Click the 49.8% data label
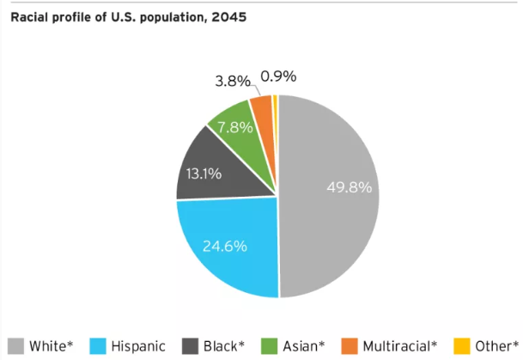pyautogui.click(x=350, y=187)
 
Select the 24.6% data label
pyautogui.click(x=225, y=246)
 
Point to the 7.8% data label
pyautogui.click(x=234, y=126)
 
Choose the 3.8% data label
pyautogui.click(x=232, y=82)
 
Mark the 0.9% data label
pyautogui.click(x=278, y=76)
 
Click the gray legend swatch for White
pyautogui.click(x=15, y=346)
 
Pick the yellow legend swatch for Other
pyautogui.click(x=461, y=346)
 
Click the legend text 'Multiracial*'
pyautogui.click(x=400, y=346)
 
